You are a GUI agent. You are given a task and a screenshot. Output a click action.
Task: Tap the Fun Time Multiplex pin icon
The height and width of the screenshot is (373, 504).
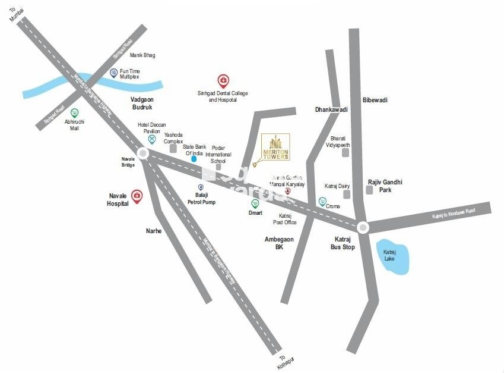click(113, 73)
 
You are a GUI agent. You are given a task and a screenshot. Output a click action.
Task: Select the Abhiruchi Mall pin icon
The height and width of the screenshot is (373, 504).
click(75, 112)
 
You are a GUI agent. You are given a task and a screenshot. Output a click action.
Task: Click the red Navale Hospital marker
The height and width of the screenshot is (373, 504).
click(137, 196)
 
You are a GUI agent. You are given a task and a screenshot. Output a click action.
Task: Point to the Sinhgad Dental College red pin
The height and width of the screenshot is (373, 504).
click(223, 81)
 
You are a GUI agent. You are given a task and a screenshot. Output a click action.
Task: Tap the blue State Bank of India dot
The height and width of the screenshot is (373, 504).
click(194, 159)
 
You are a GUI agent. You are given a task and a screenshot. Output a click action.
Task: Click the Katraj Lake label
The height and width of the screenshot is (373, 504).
click(389, 255)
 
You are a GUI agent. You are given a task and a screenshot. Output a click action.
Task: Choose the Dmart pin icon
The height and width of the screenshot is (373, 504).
click(255, 203)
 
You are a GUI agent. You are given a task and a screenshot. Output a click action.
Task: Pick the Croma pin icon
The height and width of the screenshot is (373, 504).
click(322, 202)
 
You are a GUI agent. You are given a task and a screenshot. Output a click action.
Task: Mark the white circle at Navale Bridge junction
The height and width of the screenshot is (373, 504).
click(142, 153)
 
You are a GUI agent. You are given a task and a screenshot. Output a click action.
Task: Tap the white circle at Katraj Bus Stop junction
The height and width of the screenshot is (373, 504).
click(363, 227)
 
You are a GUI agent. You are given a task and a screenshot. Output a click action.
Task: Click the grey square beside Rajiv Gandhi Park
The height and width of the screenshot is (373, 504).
click(369, 190)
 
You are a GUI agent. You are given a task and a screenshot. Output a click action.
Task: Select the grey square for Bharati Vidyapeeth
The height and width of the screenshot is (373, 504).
click(345, 153)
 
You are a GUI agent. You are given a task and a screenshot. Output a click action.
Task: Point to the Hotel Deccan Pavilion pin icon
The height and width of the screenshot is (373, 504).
click(152, 140)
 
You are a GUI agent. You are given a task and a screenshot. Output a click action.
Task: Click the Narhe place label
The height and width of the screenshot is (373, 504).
click(154, 231)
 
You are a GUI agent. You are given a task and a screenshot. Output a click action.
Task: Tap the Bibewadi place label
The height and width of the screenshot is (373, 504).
click(375, 100)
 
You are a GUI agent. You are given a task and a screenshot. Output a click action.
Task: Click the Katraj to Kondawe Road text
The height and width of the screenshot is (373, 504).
click(454, 211)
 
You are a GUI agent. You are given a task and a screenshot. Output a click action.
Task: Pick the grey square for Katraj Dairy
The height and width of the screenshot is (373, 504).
click(347, 195)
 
